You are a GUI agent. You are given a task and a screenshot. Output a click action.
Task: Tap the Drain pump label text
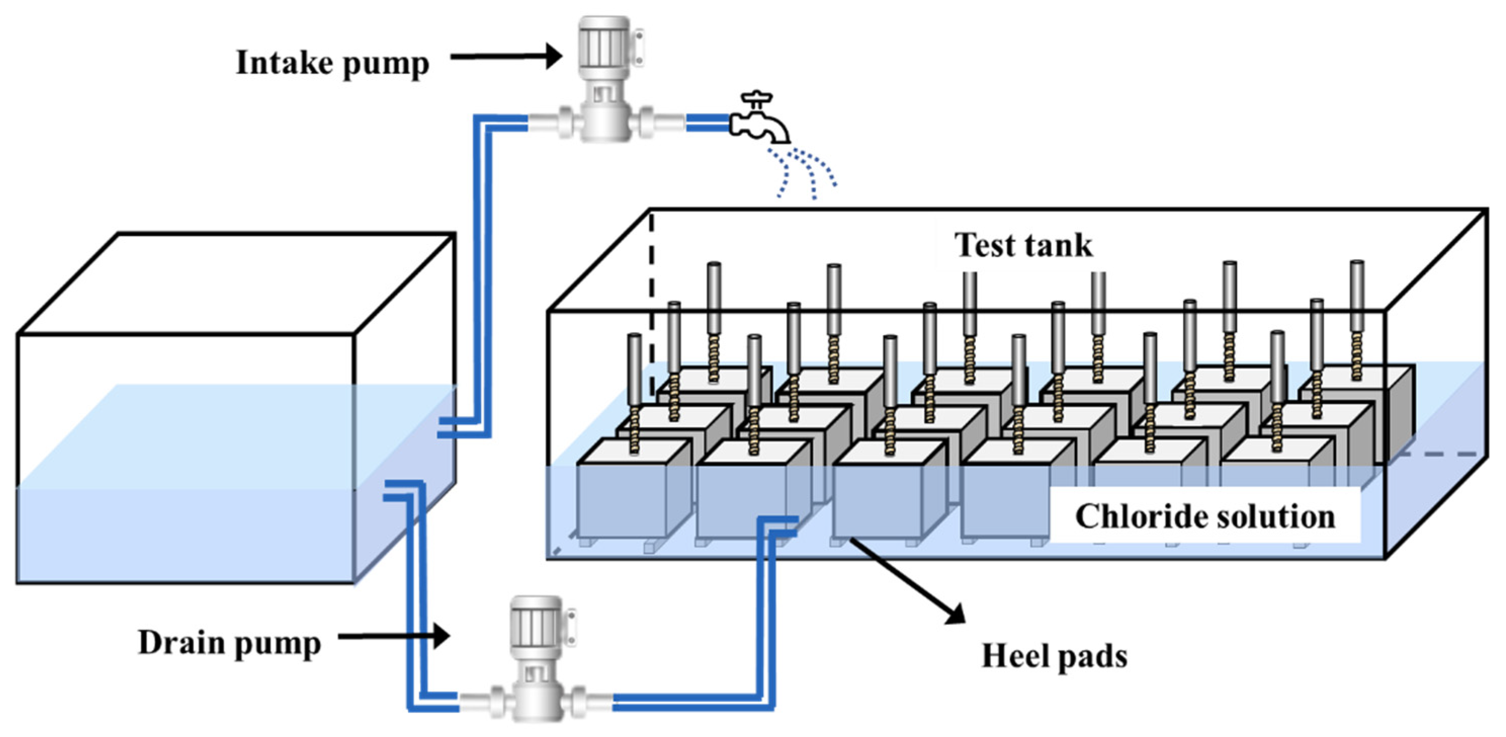pyautogui.click(x=230, y=644)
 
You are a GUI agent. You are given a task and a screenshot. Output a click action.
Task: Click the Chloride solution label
pyautogui.click(x=1206, y=516)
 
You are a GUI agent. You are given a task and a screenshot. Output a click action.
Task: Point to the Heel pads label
pyautogui.click(x=1055, y=656)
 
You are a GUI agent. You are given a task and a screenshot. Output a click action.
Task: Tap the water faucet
pyautogui.click(x=759, y=117)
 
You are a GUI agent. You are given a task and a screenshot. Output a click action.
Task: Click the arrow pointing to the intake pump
pyautogui.click(x=506, y=56)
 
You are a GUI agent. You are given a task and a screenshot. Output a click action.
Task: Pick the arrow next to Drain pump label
pyautogui.click(x=394, y=636)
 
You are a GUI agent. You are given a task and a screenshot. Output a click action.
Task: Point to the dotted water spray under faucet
pyautogui.click(x=802, y=173)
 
